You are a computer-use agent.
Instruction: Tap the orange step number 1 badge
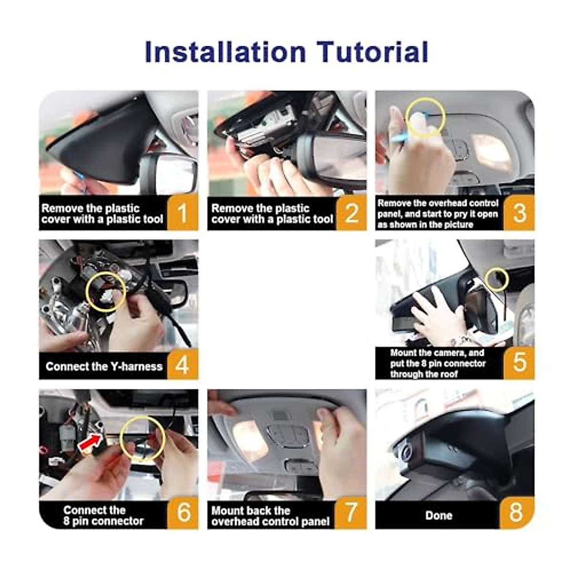tap(182, 213)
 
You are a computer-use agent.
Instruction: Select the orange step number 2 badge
tap(351, 213)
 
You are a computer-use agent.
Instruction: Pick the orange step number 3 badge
tap(519, 213)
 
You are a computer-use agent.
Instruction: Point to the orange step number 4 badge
tap(182, 365)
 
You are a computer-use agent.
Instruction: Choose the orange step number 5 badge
tap(519, 363)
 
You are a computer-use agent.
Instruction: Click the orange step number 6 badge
tap(183, 513)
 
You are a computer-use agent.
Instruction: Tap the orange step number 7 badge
tap(351, 513)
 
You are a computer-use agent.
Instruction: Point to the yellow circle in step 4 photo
tap(106, 292)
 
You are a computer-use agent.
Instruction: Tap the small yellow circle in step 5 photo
tap(497, 280)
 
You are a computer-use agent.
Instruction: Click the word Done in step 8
tap(438, 515)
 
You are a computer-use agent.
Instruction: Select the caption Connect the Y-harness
tap(104, 366)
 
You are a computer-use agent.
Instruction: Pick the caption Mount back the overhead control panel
tap(270, 516)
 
